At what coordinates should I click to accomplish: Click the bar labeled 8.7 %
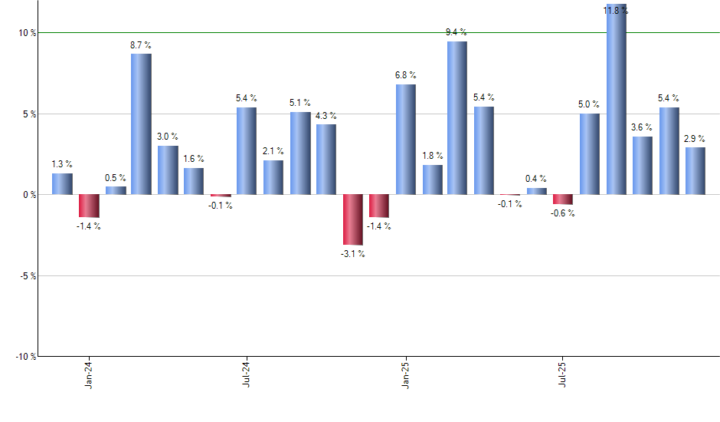click(141, 124)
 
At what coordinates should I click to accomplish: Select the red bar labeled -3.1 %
click(352, 219)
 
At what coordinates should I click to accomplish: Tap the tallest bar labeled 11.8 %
click(617, 100)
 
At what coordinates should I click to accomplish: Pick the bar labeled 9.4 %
click(457, 117)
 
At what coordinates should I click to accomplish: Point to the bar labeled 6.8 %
click(405, 139)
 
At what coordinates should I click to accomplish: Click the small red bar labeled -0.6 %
click(563, 199)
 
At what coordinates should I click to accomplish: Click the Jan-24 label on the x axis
click(89, 374)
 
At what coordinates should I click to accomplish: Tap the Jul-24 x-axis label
click(247, 374)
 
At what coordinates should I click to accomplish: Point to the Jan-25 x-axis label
click(405, 374)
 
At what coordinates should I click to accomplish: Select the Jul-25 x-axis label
click(563, 374)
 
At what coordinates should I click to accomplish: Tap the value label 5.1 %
click(299, 103)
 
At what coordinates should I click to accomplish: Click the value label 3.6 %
click(642, 127)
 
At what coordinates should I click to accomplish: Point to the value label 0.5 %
click(116, 178)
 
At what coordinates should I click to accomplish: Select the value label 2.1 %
click(273, 151)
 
